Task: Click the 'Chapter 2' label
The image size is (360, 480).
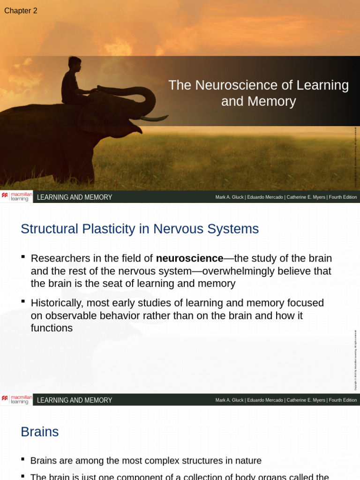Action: pos(21,11)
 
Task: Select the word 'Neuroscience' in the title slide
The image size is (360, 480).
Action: pos(228,85)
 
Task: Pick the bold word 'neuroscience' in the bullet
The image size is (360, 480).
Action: pos(189,258)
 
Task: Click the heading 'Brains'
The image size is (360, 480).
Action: pos(40,432)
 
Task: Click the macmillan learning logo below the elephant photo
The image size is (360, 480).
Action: pos(17,196)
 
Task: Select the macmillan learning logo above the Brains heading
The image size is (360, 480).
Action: pos(17,399)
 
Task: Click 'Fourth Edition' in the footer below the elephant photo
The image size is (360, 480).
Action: pos(343,197)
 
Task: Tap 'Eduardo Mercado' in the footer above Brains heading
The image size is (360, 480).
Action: pos(264,400)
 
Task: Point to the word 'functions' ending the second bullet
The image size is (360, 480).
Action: pos(52,328)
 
